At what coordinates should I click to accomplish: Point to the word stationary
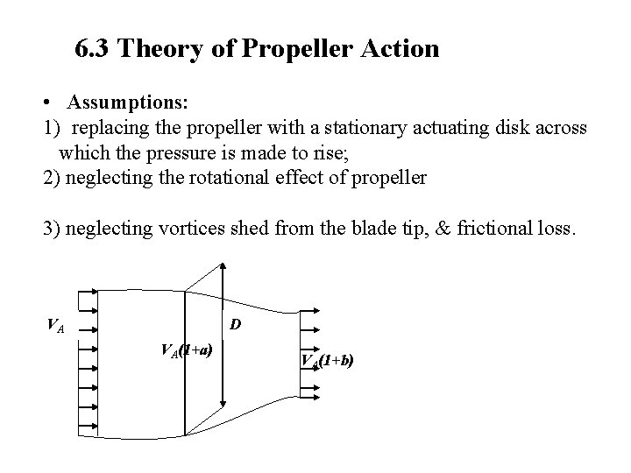(x=310, y=128)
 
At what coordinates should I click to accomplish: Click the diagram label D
(x=236, y=326)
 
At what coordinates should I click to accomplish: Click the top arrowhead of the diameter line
(x=224, y=268)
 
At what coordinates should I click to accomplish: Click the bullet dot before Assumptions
(x=52, y=103)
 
